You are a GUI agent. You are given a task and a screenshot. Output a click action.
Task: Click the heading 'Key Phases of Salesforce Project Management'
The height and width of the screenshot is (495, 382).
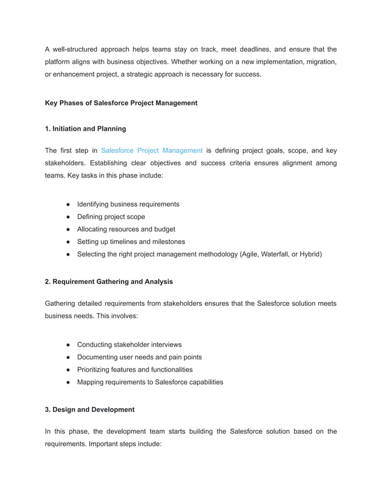(121, 103)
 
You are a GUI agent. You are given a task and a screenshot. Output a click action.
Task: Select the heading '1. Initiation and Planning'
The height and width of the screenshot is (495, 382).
(85, 128)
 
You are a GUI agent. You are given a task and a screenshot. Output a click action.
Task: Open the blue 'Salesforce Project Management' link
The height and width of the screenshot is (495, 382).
(152, 150)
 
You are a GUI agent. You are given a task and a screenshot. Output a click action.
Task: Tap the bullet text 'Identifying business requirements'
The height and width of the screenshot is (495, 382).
(128, 204)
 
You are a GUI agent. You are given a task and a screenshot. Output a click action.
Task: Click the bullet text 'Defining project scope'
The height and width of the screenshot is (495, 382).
(111, 217)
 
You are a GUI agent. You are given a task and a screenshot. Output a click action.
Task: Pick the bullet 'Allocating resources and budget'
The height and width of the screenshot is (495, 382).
(126, 230)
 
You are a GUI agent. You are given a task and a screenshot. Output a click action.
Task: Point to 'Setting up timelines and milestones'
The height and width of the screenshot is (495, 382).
(131, 242)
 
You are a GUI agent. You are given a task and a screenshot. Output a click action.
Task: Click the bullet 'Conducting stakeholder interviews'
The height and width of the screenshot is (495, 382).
(129, 345)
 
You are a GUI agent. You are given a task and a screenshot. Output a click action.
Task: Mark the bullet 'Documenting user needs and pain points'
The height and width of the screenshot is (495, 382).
(140, 357)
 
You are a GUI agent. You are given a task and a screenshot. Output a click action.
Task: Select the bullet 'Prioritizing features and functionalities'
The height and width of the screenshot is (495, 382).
(135, 370)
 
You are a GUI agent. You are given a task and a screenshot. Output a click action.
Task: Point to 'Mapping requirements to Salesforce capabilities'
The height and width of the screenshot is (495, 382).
(150, 382)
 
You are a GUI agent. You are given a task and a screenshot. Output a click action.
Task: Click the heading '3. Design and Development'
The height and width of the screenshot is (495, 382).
(90, 409)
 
